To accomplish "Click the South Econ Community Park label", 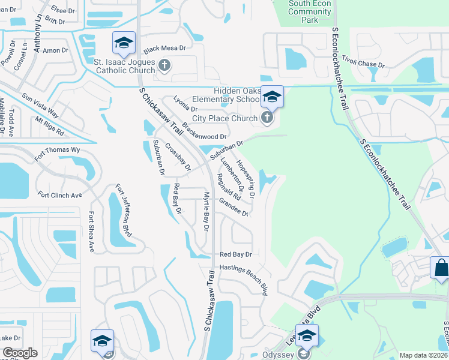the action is pyautogui.click(x=310, y=11).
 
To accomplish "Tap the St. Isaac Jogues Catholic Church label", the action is pyautogui.click(x=125, y=65).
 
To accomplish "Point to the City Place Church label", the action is pyautogui.click(x=224, y=118).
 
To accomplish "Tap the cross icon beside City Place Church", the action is pyautogui.click(x=267, y=118).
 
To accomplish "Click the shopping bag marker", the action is pyautogui.click(x=441, y=268).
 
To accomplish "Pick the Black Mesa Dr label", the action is pyautogui.click(x=165, y=48).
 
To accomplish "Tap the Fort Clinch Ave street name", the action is pyautogui.click(x=59, y=195).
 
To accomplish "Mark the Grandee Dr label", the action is pyautogui.click(x=234, y=208).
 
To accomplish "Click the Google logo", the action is pyautogui.click(x=20, y=353).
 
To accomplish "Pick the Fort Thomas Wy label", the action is pyautogui.click(x=57, y=154).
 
